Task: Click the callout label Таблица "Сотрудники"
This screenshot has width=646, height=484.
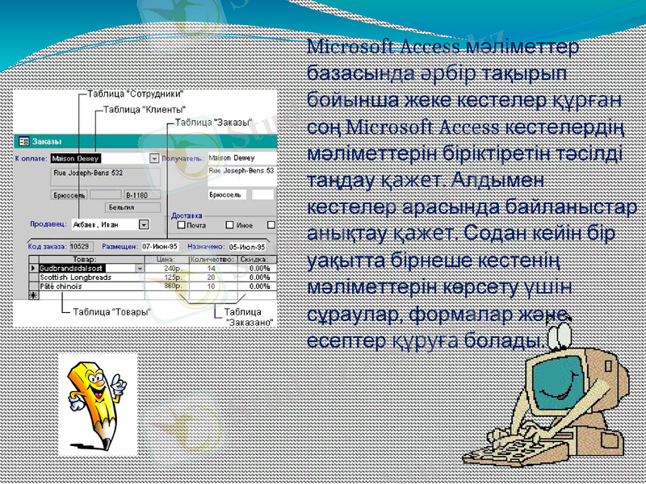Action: (135, 93)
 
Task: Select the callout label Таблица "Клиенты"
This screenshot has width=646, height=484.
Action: (144, 108)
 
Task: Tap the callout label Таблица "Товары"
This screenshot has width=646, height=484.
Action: (111, 311)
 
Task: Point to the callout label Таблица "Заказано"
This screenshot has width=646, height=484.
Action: (249, 315)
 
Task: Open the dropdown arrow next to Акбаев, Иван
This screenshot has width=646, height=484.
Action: (144, 225)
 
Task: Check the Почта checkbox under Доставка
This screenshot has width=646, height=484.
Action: (182, 225)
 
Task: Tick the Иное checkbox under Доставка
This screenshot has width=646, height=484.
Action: (230, 225)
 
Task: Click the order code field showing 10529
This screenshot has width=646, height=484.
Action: (81, 246)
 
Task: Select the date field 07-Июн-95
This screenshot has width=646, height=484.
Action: (160, 246)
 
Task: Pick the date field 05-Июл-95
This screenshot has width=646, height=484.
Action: (247, 246)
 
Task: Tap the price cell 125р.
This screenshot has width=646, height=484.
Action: (172, 277)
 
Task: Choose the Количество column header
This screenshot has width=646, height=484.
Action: (212, 259)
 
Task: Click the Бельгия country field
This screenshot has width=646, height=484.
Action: (121, 207)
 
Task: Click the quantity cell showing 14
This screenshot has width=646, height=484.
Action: (212, 268)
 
